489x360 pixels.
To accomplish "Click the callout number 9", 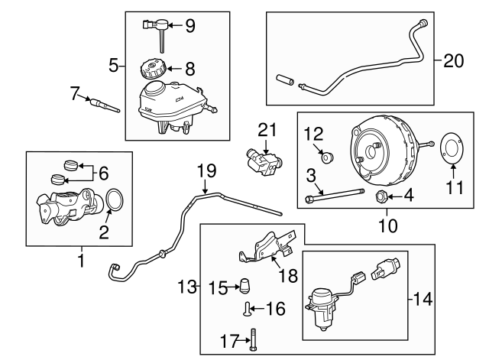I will [x=190, y=26].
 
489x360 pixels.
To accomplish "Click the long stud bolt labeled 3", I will [x=336, y=198].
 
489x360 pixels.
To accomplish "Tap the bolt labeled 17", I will [x=252, y=339].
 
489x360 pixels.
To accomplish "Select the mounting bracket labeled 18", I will [x=264, y=245].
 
